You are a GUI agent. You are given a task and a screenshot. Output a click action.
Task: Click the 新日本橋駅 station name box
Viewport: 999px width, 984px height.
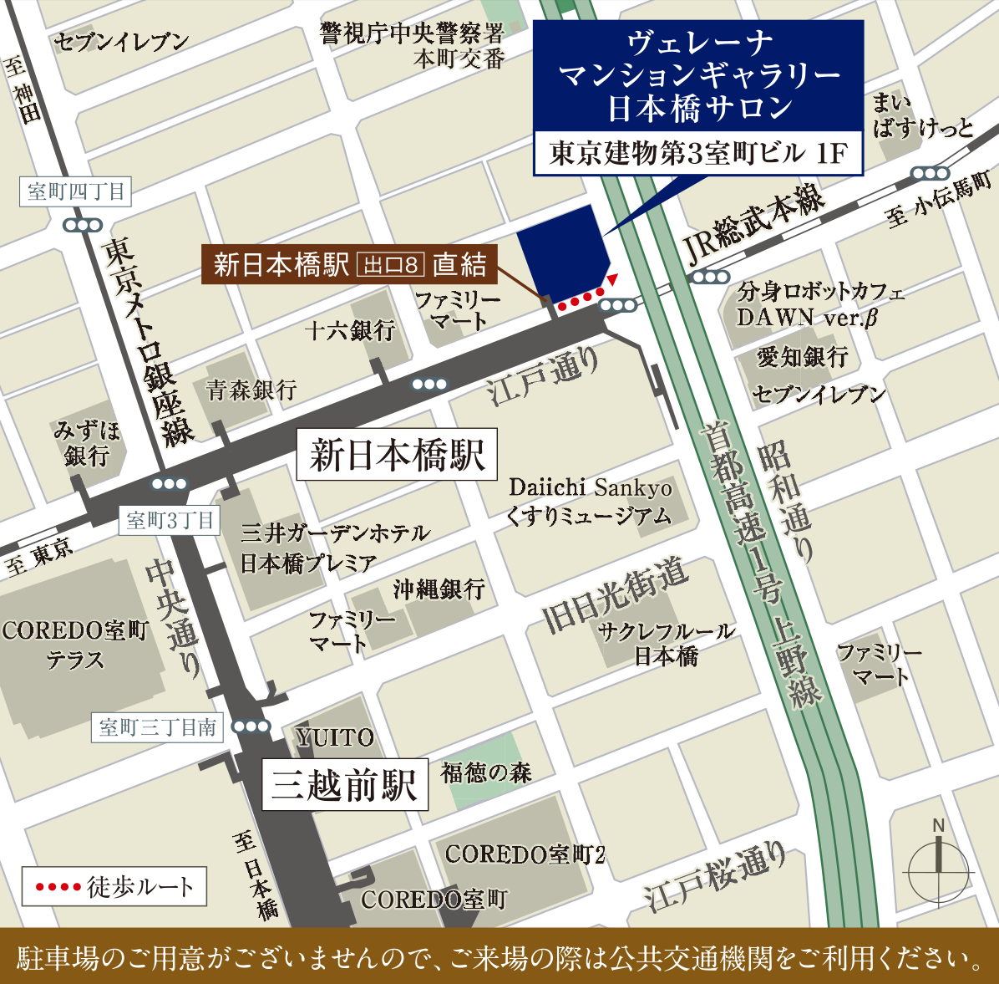pyautogui.click(x=397, y=456)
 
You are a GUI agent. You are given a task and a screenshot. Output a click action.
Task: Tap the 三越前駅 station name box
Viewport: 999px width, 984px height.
pyautogui.click(x=345, y=784)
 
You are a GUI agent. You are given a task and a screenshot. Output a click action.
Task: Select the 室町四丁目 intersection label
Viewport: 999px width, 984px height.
pyautogui.click(x=76, y=191)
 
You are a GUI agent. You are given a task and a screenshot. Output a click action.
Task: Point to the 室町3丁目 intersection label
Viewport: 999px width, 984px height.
pyautogui.click(x=170, y=521)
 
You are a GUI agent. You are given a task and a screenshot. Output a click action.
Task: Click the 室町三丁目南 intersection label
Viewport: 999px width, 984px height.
pyautogui.click(x=158, y=727)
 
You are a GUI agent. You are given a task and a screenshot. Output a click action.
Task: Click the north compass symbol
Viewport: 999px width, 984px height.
pyautogui.click(x=939, y=869)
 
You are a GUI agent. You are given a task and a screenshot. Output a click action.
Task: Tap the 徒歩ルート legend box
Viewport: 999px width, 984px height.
pyautogui.click(x=114, y=886)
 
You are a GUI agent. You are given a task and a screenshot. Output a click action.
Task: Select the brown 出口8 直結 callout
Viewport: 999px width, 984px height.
pyautogui.click(x=350, y=265)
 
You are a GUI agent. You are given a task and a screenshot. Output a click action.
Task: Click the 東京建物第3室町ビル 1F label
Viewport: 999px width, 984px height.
pyautogui.click(x=698, y=153)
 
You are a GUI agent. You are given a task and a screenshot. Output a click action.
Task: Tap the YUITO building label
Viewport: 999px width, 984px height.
pyautogui.click(x=335, y=737)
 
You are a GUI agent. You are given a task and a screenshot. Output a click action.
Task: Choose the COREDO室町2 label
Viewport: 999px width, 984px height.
pyautogui.click(x=525, y=854)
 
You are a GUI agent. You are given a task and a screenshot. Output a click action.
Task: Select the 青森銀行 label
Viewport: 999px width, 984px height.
pyautogui.click(x=251, y=390)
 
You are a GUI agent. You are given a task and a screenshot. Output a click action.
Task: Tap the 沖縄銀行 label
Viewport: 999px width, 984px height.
pyautogui.click(x=439, y=589)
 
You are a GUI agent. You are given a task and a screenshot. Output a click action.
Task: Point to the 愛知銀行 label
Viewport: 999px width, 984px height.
pyautogui.click(x=803, y=357)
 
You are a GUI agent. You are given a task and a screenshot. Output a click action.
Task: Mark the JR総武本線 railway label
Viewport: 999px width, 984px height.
pyautogui.click(x=754, y=225)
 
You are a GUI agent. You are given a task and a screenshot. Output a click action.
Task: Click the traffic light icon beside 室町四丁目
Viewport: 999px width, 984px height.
pyautogui.click(x=83, y=225)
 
